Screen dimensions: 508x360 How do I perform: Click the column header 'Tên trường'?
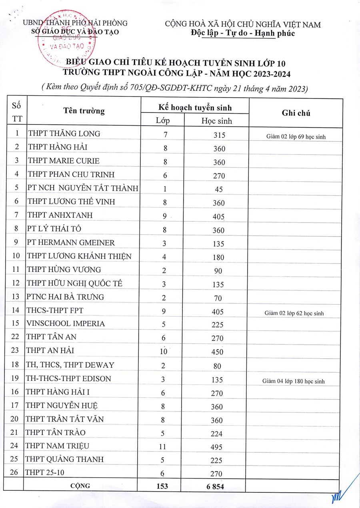coord(84,111)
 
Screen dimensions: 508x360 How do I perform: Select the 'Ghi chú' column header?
coord(296,113)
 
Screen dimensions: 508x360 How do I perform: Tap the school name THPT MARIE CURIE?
coord(64,161)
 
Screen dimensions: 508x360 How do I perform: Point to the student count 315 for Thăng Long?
coord(219,135)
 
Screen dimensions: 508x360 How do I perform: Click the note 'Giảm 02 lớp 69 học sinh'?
coord(296,137)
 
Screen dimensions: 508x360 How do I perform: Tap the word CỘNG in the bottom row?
coord(80,486)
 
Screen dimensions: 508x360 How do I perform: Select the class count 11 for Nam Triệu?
coord(164,447)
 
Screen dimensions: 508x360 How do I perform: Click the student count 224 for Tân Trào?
coord(216,434)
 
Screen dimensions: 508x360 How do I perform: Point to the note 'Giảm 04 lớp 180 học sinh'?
coord(294,381)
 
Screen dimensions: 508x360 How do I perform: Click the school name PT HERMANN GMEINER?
coord(71,243)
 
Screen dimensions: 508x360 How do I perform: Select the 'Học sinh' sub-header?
coord(216,120)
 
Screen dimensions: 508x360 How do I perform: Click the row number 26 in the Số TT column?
coord(14,473)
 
